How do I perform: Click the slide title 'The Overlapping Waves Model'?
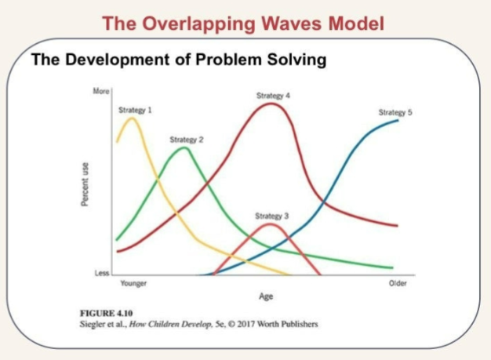(x=243, y=24)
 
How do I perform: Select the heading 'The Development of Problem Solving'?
(x=178, y=60)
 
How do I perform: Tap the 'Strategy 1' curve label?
(x=135, y=110)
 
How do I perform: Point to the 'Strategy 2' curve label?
(x=187, y=139)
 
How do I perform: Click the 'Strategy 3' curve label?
(x=271, y=215)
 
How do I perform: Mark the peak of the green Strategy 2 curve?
(x=184, y=147)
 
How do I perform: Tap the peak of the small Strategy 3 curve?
(x=270, y=224)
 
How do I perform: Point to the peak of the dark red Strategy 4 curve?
(x=271, y=103)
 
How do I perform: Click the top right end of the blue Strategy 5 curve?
(x=397, y=120)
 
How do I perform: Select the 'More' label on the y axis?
(x=101, y=92)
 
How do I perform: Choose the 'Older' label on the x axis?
(x=398, y=283)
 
